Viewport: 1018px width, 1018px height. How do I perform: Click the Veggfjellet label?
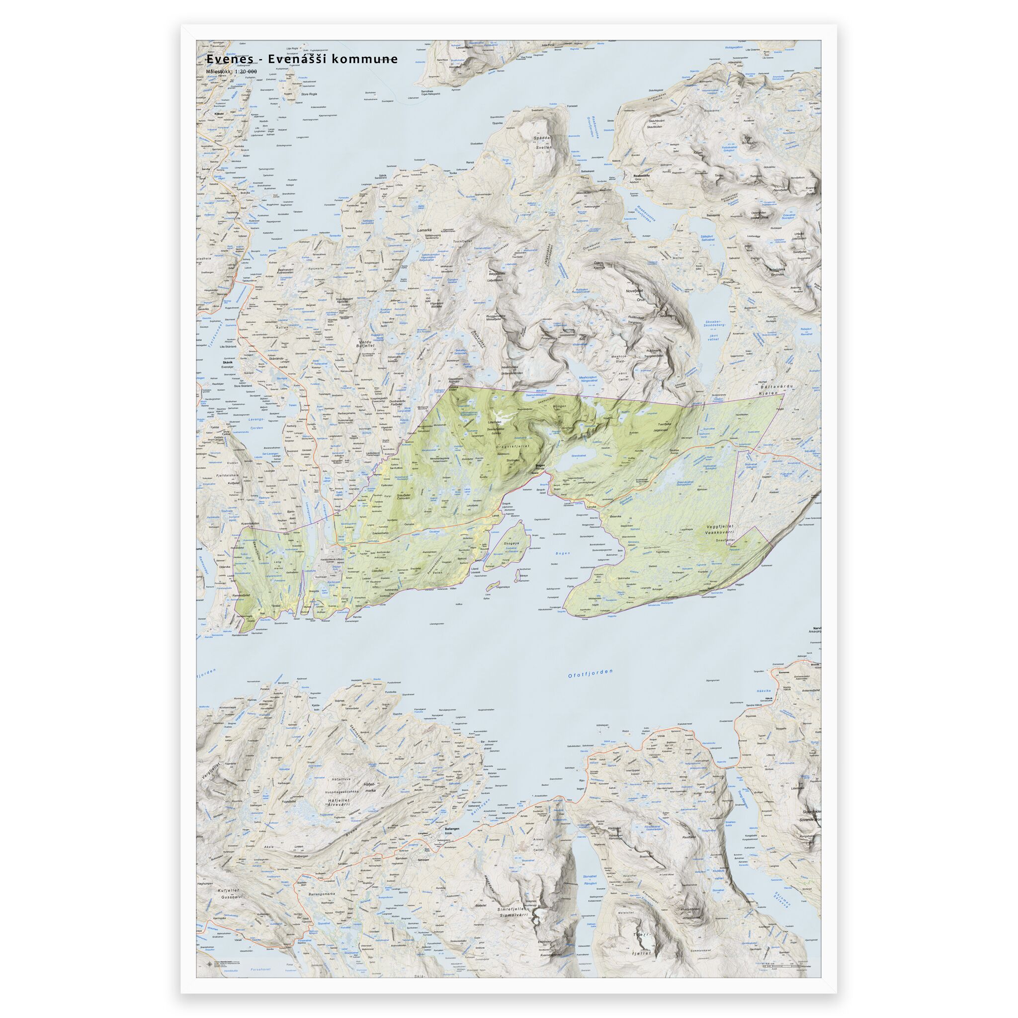coord(725,526)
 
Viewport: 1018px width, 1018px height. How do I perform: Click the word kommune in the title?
coord(368,59)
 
